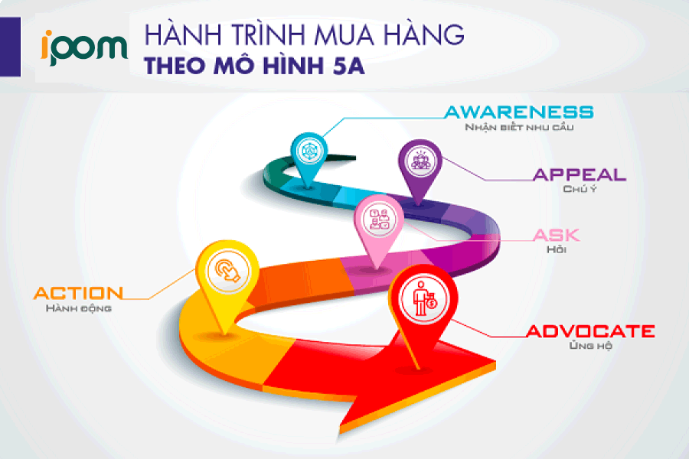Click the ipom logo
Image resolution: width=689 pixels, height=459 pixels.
[85, 47]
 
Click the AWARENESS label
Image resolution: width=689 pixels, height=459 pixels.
[519, 112]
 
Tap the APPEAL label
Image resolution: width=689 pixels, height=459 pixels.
[580, 174]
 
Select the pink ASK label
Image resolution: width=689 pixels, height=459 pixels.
[556, 236]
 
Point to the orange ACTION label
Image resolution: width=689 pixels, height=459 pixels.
[78, 293]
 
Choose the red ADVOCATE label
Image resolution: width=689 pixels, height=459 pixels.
[589, 331]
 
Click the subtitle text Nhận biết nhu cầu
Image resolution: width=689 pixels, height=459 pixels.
[519, 128]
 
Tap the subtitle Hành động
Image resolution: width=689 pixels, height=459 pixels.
[79, 308]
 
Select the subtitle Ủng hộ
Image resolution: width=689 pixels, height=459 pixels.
[590, 347]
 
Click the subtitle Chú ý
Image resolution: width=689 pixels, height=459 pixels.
[580, 189]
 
